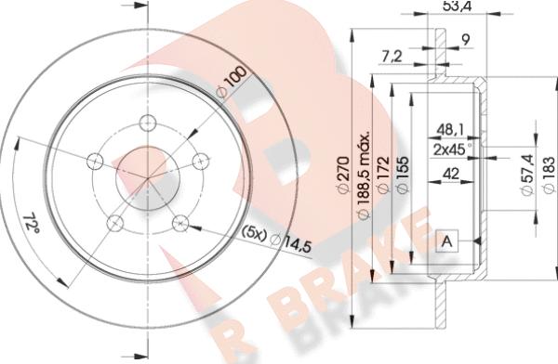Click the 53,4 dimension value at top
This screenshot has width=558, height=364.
click(x=457, y=6)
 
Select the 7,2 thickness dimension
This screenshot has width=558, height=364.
click(x=392, y=57)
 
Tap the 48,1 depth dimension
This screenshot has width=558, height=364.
click(x=450, y=130)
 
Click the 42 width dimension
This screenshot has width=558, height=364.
click(x=451, y=175)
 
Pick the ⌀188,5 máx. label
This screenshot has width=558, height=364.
click(x=364, y=175)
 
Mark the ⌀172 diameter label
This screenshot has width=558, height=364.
click(x=383, y=175)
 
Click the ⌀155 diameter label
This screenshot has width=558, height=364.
click(x=403, y=175)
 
